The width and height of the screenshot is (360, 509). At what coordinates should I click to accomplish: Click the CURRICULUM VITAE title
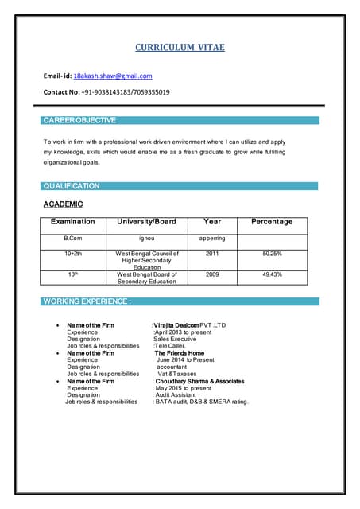[x=180, y=48]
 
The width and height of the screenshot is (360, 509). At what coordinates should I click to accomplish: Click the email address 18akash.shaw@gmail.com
[x=113, y=76]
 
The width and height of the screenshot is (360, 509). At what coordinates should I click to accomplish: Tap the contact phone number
[x=126, y=92]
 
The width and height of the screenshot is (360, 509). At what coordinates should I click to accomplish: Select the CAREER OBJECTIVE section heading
[x=79, y=120]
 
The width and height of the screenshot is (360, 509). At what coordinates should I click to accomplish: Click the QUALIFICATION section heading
[x=72, y=186]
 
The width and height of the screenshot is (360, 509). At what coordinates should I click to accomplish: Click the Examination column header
[x=73, y=222]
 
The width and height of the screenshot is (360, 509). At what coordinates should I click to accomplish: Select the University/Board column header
[x=146, y=222]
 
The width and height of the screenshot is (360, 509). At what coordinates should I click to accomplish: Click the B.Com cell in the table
[x=73, y=238]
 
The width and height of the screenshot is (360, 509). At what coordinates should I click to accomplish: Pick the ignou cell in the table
[x=147, y=238]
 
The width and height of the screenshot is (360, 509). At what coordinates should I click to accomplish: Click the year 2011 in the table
[x=212, y=254]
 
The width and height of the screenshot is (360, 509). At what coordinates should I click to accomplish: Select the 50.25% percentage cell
[x=272, y=254]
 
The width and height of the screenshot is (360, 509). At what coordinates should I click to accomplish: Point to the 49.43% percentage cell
[x=272, y=274]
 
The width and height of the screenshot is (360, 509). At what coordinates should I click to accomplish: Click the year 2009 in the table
[x=212, y=274]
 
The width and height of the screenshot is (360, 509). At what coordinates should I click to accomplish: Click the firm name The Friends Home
[x=180, y=353]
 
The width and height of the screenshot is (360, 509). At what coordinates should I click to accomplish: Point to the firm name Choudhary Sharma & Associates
[x=199, y=381]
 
